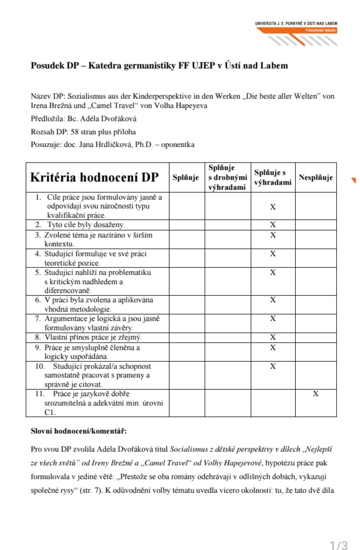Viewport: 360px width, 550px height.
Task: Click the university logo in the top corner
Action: pos(296,27)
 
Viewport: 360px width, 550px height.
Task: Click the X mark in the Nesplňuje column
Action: pos(316,394)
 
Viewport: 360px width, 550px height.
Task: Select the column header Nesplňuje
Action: pos(316,177)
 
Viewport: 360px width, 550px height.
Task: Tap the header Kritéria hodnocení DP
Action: pos(94,177)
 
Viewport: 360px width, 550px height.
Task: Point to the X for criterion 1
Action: pos(273,206)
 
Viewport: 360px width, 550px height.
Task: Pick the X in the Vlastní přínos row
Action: pos(273,337)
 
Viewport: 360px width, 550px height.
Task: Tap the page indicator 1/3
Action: pos(339,545)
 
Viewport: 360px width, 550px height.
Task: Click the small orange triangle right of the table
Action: pos(353,180)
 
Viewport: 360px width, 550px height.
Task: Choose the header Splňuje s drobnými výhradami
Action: pos(227,177)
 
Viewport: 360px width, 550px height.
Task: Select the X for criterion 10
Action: pos(273,366)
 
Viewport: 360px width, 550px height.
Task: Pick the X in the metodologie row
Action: pos(273,300)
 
